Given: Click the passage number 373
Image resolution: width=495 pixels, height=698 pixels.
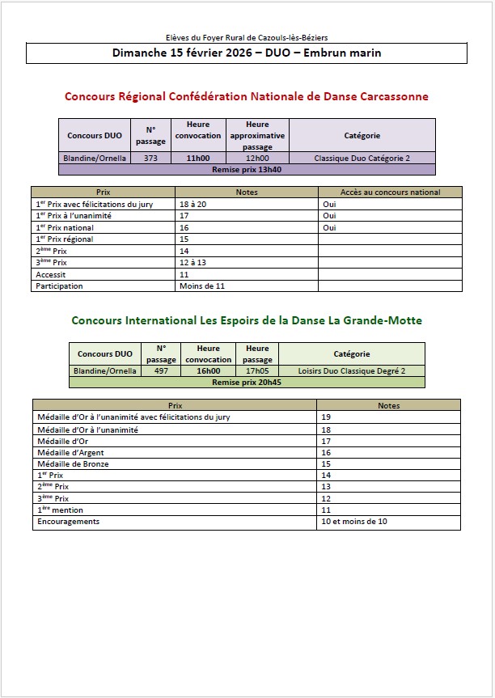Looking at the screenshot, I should (x=150, y=159).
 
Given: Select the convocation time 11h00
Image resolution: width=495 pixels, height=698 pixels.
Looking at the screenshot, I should (x=198, y=159).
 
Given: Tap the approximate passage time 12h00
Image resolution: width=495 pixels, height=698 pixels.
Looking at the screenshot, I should (x=257, y=159).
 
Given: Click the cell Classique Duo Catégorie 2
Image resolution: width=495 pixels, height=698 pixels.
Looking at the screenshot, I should (x=362, y=159).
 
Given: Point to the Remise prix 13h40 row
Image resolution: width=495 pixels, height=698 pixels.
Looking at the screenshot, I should (x=247, y=170).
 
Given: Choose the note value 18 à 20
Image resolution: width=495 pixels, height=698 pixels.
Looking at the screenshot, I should (x=194, y=205).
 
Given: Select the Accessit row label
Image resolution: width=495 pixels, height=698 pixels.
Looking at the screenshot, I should (x=51, y=274).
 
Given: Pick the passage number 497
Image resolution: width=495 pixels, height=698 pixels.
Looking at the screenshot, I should (x=161, y=370).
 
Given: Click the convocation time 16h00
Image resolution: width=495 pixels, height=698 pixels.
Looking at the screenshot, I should (x=208, y=370).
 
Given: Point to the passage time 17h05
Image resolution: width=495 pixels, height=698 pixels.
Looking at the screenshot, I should (x=257, y=370).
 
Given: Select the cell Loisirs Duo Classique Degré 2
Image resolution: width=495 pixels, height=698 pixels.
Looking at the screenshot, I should (x=351, y=370).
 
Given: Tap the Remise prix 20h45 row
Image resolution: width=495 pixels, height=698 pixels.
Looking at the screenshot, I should (x=247, y=382).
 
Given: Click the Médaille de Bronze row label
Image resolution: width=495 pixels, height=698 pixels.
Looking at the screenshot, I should (x=73, y=464).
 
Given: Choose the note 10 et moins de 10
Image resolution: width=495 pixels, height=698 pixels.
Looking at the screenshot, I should (x=354, y=522).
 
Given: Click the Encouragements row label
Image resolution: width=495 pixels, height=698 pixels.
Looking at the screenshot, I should (x=68, y=522).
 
